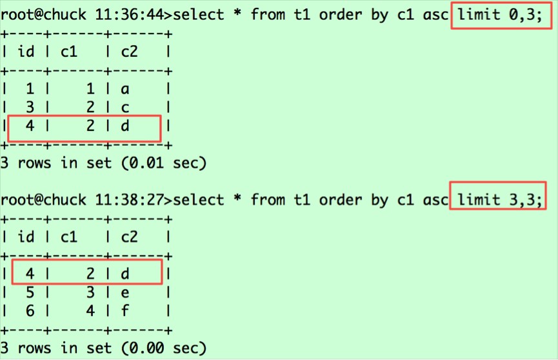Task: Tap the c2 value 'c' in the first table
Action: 125,108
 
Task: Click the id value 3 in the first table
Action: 30,108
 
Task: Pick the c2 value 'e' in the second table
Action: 125,292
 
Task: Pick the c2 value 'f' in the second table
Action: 125,311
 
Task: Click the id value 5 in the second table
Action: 30,292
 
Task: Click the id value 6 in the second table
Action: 30,311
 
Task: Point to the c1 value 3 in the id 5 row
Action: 90,292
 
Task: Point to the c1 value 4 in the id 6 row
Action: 90,311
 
